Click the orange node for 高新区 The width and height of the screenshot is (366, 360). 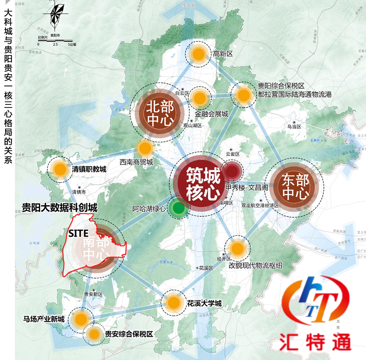198,54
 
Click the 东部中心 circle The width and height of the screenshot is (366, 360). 294,187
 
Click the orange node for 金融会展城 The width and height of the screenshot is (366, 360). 199,99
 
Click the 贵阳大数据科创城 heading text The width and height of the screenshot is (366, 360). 60,208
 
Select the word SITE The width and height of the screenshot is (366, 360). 78,233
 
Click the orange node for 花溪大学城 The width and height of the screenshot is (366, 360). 173,303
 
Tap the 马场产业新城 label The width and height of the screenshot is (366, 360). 44,319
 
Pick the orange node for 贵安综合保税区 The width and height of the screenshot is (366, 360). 93,334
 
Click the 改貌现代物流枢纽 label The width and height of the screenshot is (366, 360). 255,265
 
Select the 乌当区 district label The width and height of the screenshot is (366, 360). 294,127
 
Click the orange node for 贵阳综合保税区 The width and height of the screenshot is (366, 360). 243,95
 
